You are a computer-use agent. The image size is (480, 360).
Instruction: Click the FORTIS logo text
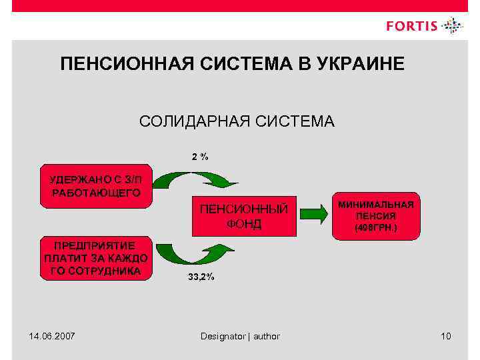412,27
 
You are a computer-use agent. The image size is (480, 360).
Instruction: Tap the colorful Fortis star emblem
452,26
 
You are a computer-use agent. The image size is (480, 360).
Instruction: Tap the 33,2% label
201,277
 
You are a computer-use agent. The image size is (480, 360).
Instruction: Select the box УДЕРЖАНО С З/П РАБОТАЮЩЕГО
95,186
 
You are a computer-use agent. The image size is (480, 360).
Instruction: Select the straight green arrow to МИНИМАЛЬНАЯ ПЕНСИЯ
314,214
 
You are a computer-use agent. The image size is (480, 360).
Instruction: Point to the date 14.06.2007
52,336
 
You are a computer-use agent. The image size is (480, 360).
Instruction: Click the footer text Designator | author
240,336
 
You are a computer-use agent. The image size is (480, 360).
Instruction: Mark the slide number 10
445,336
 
